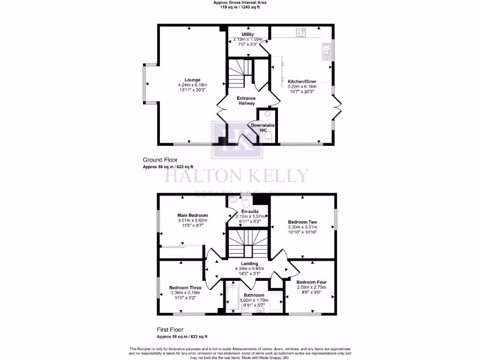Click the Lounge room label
pos(192,80)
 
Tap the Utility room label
pos(248,34)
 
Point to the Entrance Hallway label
pos(246,100)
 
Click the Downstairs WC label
pos(263,128)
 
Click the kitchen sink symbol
pos(326,51)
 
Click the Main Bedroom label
pos(192,215)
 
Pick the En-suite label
pos(248,211)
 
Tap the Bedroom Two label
pos(303,222)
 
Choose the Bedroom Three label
pos(186,288)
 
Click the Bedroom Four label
pos(311,282)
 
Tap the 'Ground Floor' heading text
pos(160,160)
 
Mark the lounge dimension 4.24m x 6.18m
pos(192,85)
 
